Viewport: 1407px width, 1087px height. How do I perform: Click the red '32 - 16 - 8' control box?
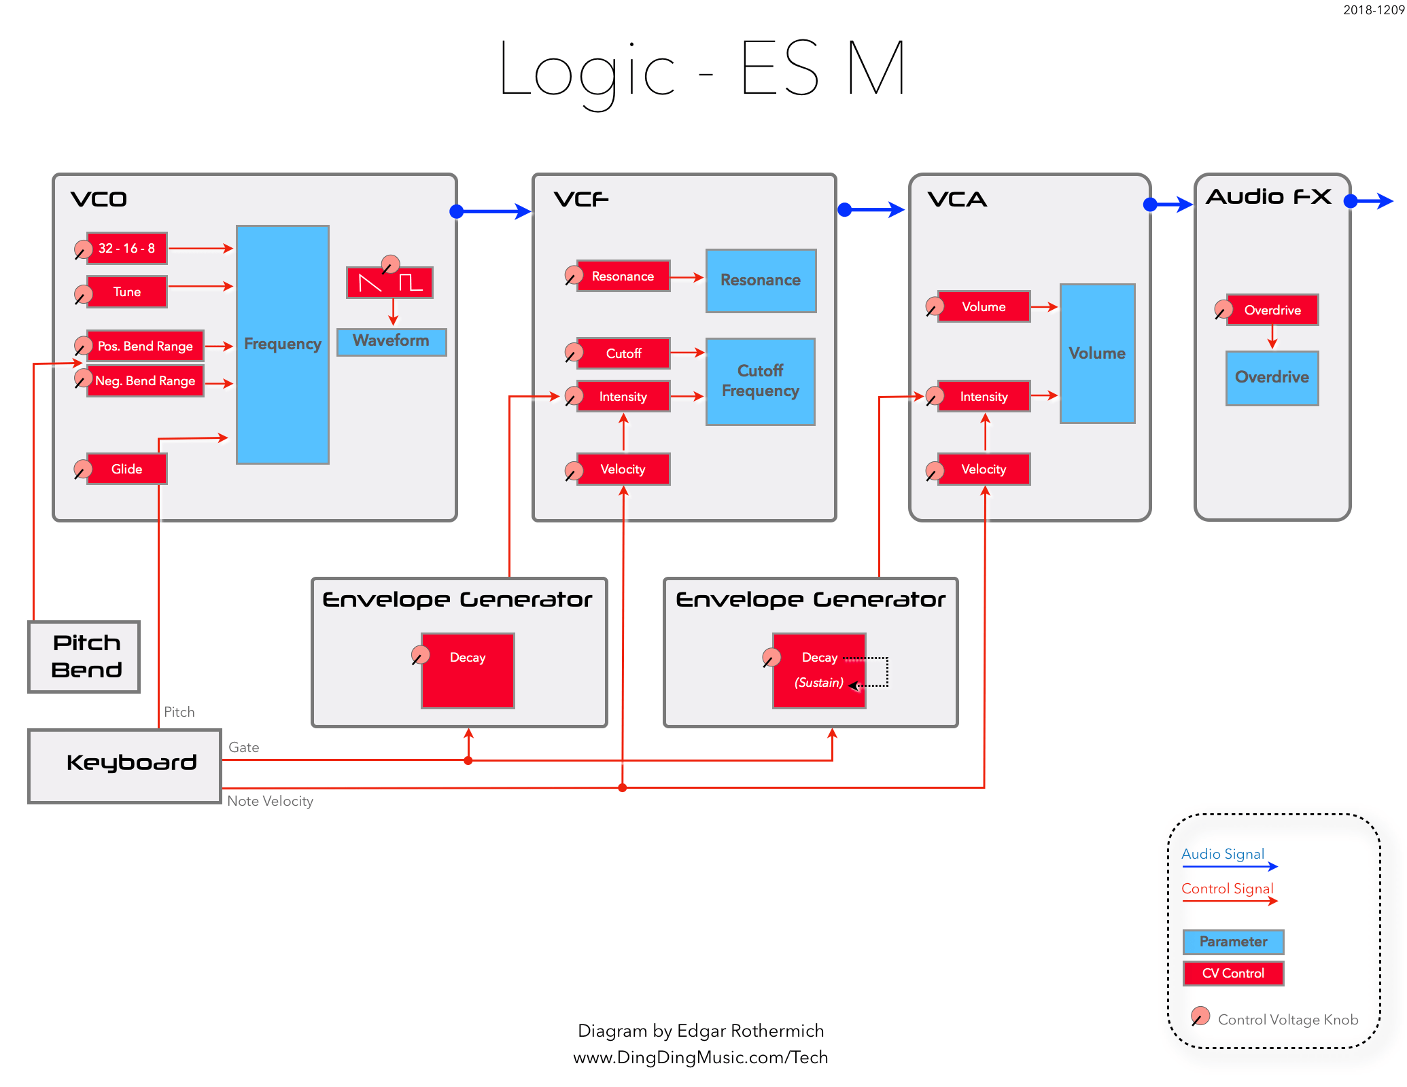click(126, 249)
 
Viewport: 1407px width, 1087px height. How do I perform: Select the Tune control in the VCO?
click(126, 292)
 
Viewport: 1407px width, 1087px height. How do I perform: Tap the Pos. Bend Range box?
click(145, 346)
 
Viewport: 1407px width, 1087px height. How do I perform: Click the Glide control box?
click(126, 469)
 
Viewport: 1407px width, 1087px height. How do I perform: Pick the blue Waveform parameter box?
click(392, 341)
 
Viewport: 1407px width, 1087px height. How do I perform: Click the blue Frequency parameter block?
click(283, 344)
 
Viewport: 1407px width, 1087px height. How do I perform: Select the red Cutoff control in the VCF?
click(623, 353)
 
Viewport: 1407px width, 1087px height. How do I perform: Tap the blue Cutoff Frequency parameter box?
click(761, 381)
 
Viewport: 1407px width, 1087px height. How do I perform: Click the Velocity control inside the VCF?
click(623, 469)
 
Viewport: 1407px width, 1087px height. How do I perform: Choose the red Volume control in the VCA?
click(984, 307)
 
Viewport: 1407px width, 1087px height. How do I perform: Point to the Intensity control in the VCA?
click(984, 397)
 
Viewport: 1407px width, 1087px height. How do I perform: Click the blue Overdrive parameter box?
click(1272, 378)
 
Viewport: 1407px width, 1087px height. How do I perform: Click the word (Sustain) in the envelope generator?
click(819, 683)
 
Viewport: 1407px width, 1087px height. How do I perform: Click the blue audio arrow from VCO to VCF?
click(493, 211)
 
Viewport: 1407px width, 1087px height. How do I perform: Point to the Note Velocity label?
click(270, 801)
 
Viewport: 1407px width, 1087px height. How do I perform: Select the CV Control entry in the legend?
click(1233, 974)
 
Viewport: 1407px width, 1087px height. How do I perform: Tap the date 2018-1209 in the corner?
click(1373, 10)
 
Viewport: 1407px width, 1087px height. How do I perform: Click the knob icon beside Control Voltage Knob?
click(1200, 1016)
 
